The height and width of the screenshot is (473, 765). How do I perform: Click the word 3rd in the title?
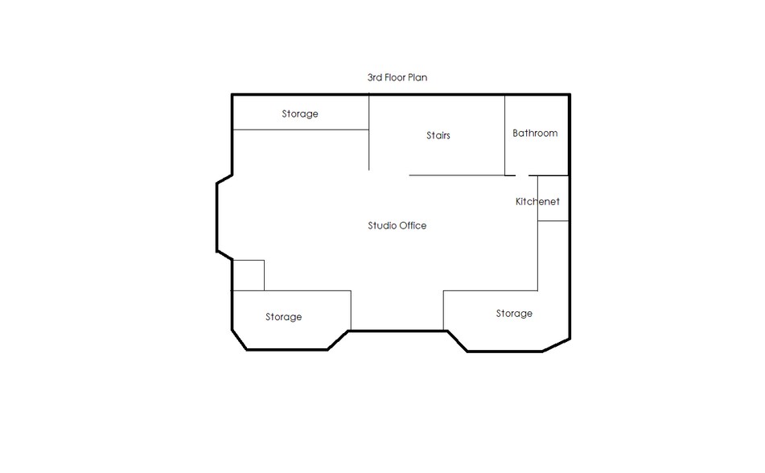(375, 77)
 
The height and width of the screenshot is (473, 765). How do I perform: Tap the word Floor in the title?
(395, 77)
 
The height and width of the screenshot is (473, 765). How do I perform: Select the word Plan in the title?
(417, 77)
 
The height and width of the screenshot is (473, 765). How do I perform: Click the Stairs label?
(438, 135)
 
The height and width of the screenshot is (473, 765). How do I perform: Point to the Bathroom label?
(535, 133)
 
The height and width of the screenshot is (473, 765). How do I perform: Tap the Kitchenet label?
(537, 201)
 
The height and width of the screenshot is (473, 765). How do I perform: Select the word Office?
(412, 225)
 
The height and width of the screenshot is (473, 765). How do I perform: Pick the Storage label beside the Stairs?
(299, 113)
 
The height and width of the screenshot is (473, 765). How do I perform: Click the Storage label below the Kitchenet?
(514, 314)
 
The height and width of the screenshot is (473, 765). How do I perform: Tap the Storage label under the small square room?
(283, 317)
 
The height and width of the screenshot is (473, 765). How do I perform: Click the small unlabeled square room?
(249, 275)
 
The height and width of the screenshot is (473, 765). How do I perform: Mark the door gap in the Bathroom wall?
(522, 175)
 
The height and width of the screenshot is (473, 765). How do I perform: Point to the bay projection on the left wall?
(217, 217)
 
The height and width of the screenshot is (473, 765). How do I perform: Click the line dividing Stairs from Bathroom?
(504, 134)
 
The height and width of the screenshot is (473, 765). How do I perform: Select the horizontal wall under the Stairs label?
(457, 175)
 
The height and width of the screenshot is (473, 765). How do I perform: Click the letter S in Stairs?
(429, 135)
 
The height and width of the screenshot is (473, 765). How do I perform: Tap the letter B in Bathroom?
(515, 133)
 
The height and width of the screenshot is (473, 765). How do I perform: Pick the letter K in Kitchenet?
(519, 201)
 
